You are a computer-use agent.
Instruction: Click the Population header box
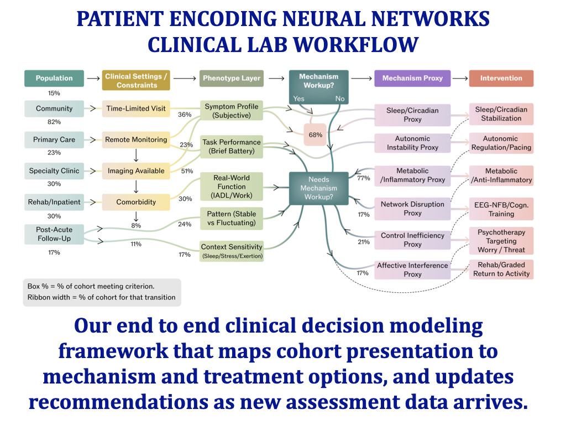click(54, 79)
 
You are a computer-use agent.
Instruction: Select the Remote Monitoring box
click(136, 140)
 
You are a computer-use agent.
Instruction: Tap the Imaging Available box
click(136, 171)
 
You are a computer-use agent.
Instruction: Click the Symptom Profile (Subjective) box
click(232, 111)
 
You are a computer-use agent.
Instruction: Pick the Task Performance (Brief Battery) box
click(232, 147)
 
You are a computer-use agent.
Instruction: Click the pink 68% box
click(315, 134)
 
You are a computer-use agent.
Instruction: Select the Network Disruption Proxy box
click(412, 209)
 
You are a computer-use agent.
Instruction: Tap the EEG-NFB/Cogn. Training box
click(501, 209)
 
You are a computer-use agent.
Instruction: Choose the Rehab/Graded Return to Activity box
click(501, 269)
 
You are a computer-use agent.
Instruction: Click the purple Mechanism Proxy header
click(412, 79)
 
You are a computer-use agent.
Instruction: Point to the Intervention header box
click(501, 79)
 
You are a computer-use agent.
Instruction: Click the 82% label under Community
click(54, 122)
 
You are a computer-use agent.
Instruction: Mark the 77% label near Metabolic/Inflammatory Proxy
click(363, 179)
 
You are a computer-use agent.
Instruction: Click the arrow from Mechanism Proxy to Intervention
click(460, 79)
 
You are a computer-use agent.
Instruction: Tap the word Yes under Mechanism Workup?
click(299, 99)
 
